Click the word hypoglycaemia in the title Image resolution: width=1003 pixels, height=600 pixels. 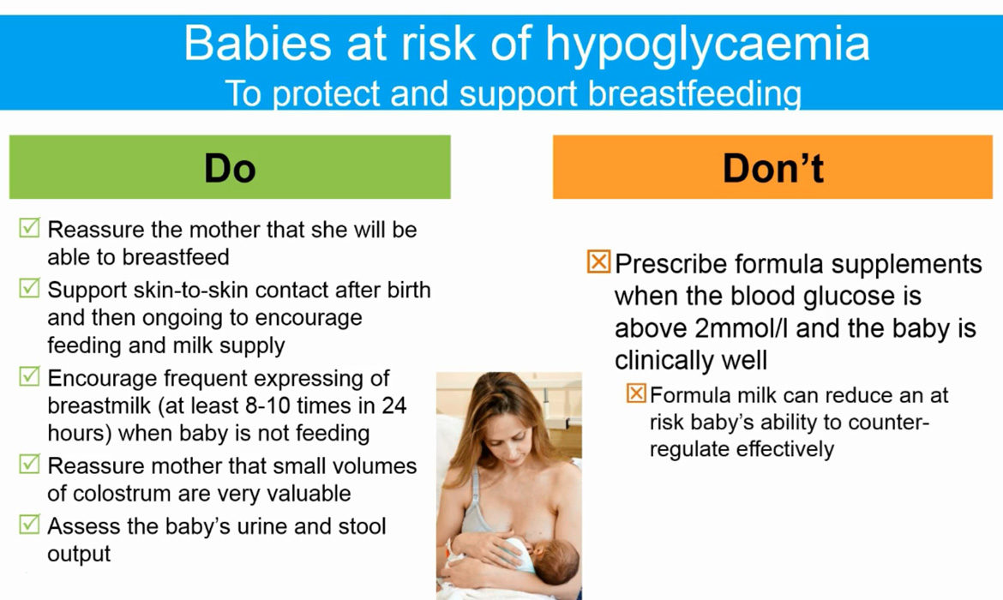707,45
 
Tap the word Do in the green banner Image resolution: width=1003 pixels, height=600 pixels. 230,168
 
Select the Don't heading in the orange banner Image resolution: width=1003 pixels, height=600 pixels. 772,168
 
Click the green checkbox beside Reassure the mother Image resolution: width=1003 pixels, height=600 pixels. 29,228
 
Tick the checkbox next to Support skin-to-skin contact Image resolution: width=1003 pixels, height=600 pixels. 29,288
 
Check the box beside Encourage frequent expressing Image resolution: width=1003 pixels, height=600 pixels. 29,376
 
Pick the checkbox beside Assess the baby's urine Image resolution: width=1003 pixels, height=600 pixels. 29,524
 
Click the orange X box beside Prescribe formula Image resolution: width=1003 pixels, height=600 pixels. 598,261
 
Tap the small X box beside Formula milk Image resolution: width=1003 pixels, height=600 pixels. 636,393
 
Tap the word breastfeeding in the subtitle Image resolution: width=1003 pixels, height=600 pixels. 694,93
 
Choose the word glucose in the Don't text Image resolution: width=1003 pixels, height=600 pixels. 848,297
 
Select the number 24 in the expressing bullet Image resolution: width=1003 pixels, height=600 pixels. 394,405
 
